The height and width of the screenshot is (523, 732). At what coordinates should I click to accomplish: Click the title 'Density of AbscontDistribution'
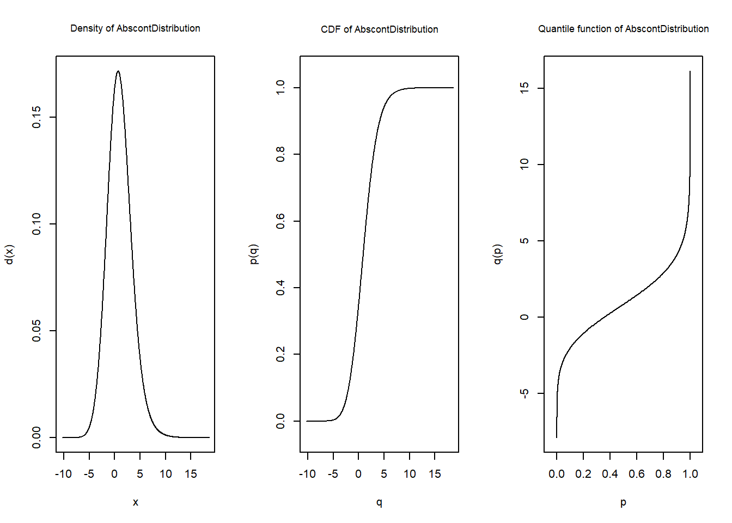pyautogui.click(x=135, y=28)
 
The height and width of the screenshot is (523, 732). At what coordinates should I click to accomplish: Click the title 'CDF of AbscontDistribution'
pyautogui.click(x=379, y=29)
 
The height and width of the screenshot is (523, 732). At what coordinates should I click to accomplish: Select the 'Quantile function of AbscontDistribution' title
pyautogui.click(x=623, y=29)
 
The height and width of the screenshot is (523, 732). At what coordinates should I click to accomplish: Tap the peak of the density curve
pyautogui.click(x=118, y=71)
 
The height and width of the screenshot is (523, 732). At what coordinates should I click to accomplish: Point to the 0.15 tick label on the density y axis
pyautogui.click(x=36, y=117)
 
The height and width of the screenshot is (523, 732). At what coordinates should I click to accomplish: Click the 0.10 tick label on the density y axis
pyautogui.click(x=36, y=224)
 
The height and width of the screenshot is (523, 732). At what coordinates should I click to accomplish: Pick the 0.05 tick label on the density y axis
pyautogui.click(x=36, y=331)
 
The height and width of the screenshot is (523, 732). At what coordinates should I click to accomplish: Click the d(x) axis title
pyautogui.click(x=9, y=254)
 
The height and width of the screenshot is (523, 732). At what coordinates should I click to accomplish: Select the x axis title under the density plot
pyautogui.click(x=136, y=502)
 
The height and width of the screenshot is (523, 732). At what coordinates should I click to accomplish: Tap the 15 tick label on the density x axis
pyautogui.click(x=191, y=474)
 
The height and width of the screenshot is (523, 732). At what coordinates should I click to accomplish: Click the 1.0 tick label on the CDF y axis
pyautogui.click(x=280, y=88)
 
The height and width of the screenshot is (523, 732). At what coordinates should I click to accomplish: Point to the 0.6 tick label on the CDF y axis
pyautogui.click(x=280, y=221)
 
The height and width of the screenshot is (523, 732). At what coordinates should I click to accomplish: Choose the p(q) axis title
pyautogui.click(x=253, y=254)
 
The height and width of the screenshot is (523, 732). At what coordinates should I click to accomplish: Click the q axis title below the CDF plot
pyautogui.click(x=379, y=502)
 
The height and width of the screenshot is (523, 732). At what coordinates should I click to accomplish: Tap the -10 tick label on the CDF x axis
pyautogui.click(x=307, y=474)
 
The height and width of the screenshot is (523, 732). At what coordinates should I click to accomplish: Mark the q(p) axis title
pyautogui.click(x=497, y=254)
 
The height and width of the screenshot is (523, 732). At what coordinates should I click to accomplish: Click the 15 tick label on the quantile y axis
pyautogui.click(x=524, y=88)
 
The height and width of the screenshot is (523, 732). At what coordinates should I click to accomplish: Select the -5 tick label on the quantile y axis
pyautogui.click(x=524, y=393)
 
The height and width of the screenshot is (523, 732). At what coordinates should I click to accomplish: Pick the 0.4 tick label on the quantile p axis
pyautogui.click(x=610, y=474)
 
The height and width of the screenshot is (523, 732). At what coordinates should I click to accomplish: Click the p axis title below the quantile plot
pyautogui.click(x=623, y=502)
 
